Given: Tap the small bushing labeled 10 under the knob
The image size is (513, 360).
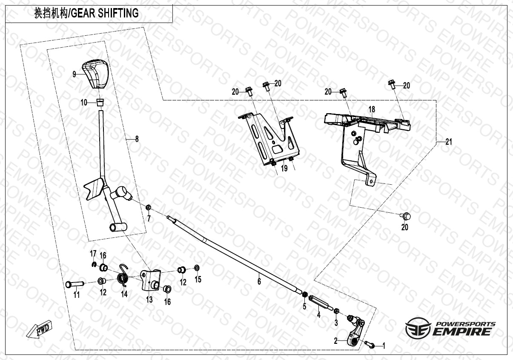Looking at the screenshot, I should pos(100,102).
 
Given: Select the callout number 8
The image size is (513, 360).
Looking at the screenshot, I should pos(137,139).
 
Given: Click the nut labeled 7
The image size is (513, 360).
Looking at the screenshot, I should pos(149,208).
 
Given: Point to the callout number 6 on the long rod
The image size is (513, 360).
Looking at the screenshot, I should pos(258,281).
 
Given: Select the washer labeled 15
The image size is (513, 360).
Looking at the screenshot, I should pos(197,268).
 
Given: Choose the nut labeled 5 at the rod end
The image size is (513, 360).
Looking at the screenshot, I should pos(305,294).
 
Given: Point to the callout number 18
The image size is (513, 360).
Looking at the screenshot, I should pos(372,110).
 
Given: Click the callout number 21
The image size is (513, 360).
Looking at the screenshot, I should pos(448,142).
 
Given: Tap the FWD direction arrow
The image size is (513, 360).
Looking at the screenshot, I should pos(38,330).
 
